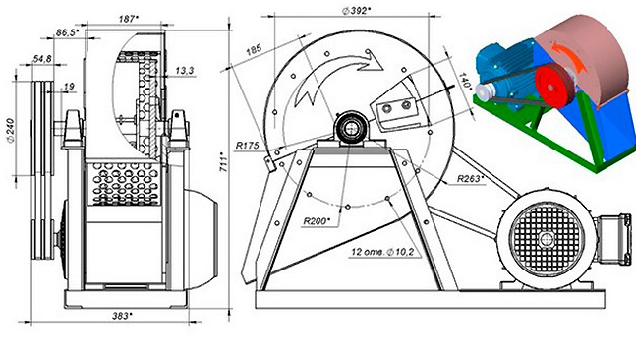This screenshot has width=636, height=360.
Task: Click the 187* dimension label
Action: pyautogui.click(x=129, y=19)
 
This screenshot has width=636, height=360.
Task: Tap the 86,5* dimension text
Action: pyautogui.click(x=67, y=32)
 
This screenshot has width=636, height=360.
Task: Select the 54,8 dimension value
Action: pyautogui.click(x=42, y=59)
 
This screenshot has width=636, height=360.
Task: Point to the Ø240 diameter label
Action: pyautogui.click(x=11, y=131)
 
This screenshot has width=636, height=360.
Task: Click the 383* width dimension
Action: pyautogui.click(x=122, y=316)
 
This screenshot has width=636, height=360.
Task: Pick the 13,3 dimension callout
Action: pyautogui.click(x=185, y=71)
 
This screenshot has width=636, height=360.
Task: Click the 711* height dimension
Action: pyautogui.click(x=223, y=162)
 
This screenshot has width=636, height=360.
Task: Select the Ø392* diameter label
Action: pyautogui.click(x=356, y=11)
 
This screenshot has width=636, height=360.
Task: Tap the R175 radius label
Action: pyautogui.click(x=247, y=145)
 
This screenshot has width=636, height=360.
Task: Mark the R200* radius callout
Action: pyautogui.click(x=317, y=221)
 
